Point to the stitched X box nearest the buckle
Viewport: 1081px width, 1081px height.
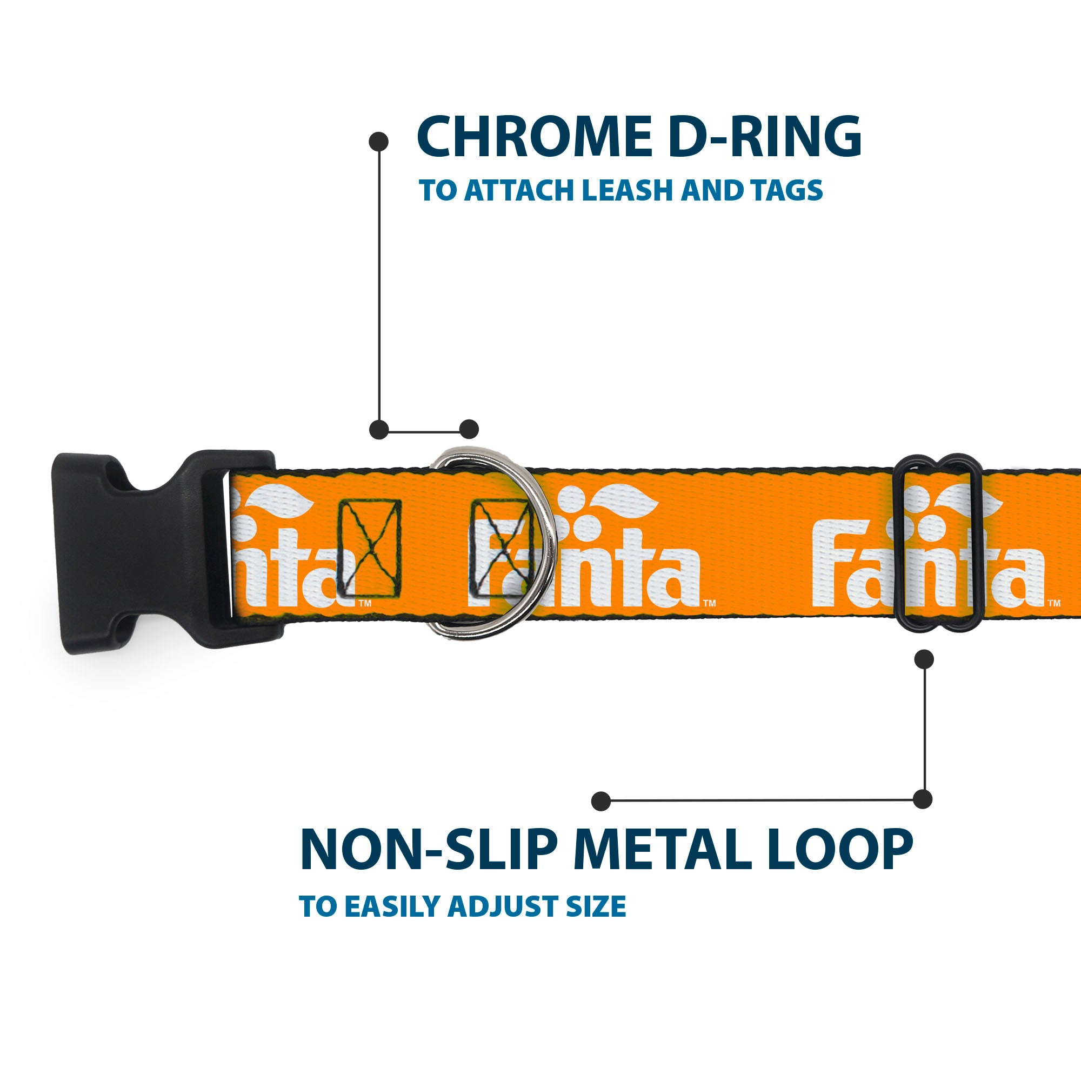pyautogui.click(x=369, y=548)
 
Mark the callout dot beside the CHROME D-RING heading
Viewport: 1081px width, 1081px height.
pyautogui.click(x=379, y=142)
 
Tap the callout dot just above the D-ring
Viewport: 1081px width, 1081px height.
pyautogui.click(x=469, y=429)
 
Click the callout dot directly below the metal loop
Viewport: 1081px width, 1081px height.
pyautogui.click(x=924, y=658)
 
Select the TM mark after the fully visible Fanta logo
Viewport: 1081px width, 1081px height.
pyautogui.click(x=709, y=603)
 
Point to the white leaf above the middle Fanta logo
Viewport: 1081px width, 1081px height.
pyautogui.click(x=625, y=502)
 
